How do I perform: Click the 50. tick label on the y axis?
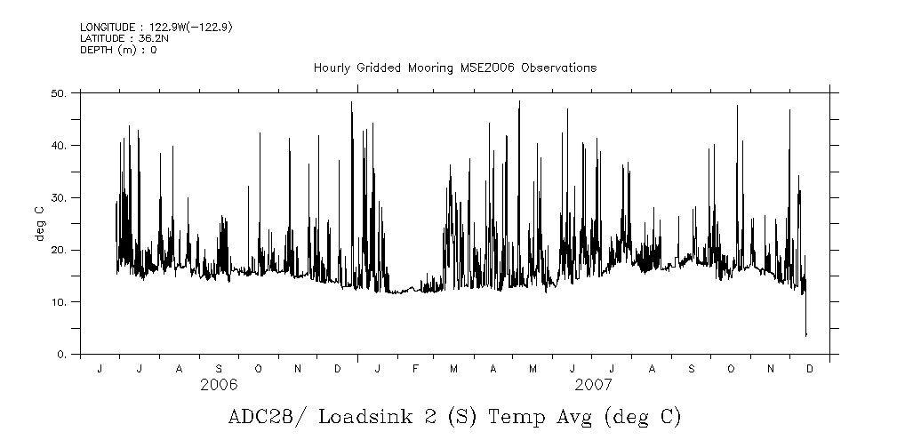pos(59,92)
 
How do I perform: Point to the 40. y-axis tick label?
pos(59,145)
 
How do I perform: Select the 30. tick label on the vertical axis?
pos(59,197)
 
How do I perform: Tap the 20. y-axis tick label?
pos(59,250)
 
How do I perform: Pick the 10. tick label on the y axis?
pos(59,302)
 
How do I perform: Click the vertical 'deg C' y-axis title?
pos(38,223)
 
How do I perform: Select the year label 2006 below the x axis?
pos(219,385)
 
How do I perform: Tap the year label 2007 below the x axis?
pos(592,385)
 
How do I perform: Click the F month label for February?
pos(415,368)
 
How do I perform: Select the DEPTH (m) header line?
pos(118,50)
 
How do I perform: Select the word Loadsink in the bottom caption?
pos(358,417)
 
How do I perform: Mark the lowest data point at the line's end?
pos(806,335)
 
